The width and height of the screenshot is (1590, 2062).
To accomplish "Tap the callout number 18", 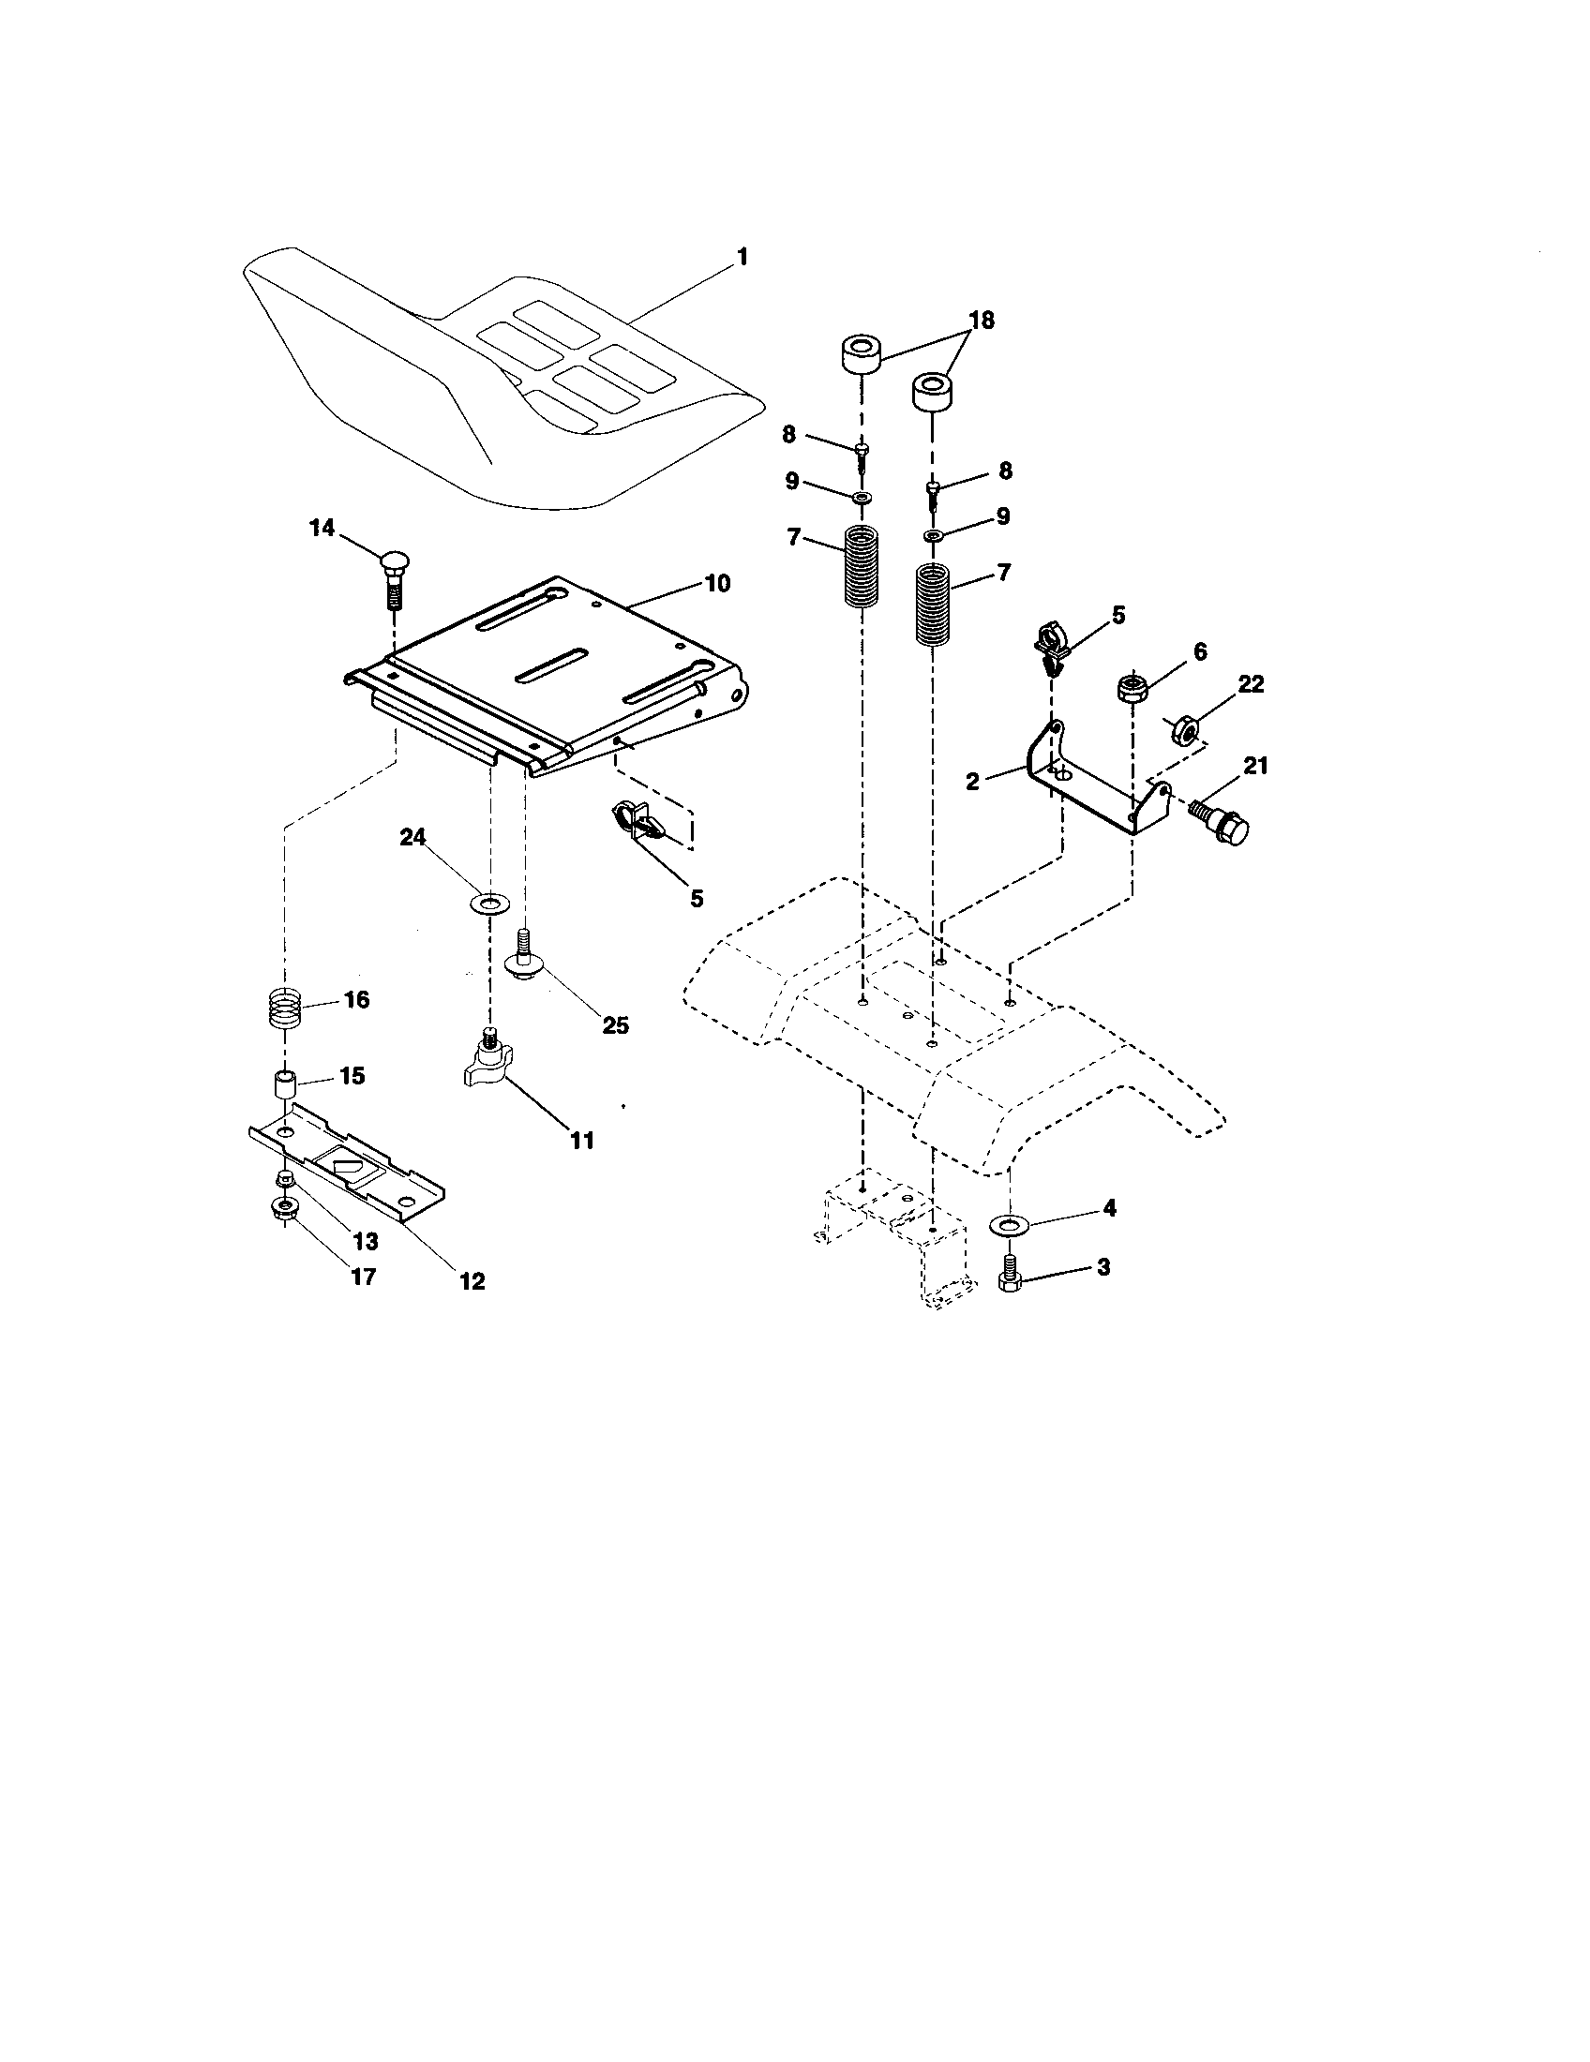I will click(981, 320).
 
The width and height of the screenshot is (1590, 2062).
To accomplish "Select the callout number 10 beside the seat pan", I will click(716, 583).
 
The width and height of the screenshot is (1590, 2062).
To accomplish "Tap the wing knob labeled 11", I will click(488, 1065).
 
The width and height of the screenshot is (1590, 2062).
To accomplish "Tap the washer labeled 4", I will click(1010, 1226).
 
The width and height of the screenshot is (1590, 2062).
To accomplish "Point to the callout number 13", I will click(366, 1241).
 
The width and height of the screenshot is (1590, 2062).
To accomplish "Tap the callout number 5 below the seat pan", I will click(697, 899).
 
